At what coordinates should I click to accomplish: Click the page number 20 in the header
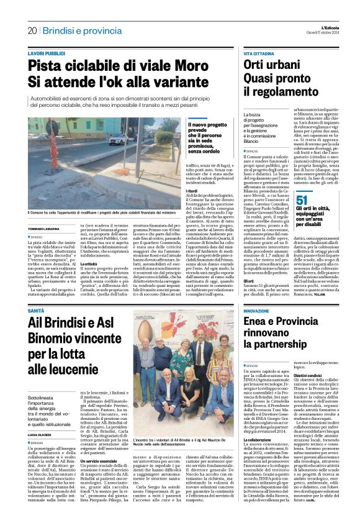click(x=32, y=30)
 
